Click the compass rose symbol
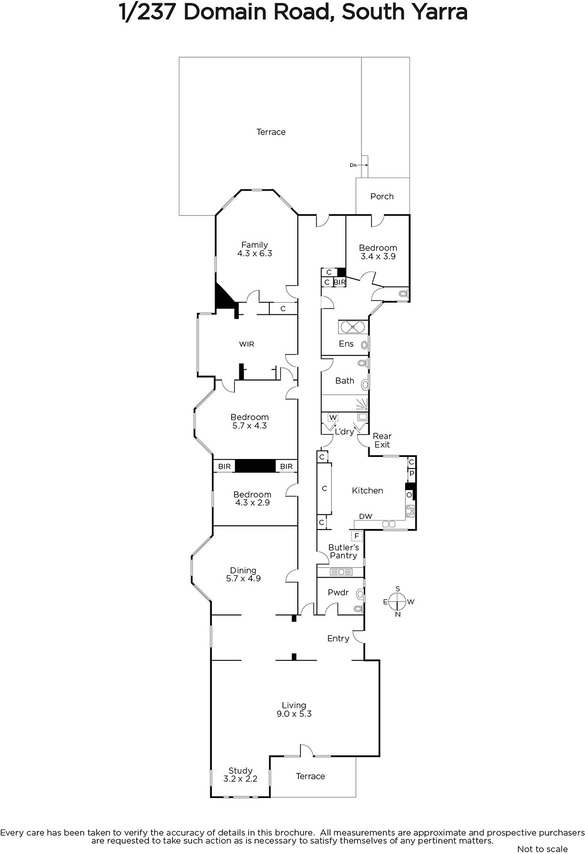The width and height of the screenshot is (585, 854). coord(398,602)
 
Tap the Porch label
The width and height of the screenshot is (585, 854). coord(382,196)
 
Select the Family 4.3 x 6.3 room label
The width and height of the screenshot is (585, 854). coord(255,249)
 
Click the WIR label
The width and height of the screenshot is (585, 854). coord(247,344)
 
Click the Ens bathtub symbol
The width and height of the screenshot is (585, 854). coord(353,328)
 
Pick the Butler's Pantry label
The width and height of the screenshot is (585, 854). coord(343,551)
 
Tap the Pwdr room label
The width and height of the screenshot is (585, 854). coord(338,592)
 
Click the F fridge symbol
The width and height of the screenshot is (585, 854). coord(357,536)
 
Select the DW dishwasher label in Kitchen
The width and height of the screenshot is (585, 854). coord(366,516)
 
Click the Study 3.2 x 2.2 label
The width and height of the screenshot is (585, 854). coord(240,774)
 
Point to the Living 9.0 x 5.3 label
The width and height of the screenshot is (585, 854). coord(294,709)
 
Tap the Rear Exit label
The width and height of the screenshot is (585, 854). coord(382,440)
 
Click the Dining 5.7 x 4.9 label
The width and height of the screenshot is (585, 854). coord(243,574)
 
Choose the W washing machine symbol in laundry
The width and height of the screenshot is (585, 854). coord(333,417)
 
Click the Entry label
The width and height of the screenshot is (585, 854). coord(338,638)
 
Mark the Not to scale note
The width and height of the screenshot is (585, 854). coord(542,849)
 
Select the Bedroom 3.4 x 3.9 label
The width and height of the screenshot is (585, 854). coord(378,252)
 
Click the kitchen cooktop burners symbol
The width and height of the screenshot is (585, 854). coord(410,511)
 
